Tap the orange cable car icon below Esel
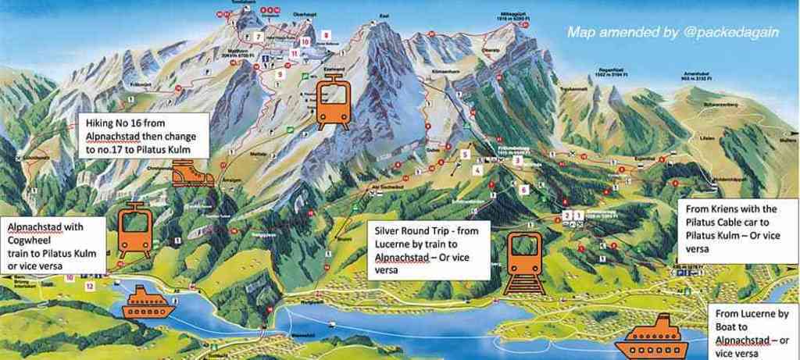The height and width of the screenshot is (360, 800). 333,107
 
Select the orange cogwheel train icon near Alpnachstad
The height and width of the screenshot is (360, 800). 134,231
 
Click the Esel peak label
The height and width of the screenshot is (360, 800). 361,16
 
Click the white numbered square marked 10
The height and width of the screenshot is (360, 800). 305,41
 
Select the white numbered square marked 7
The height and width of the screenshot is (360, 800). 258,37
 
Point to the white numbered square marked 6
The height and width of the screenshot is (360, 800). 525,189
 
